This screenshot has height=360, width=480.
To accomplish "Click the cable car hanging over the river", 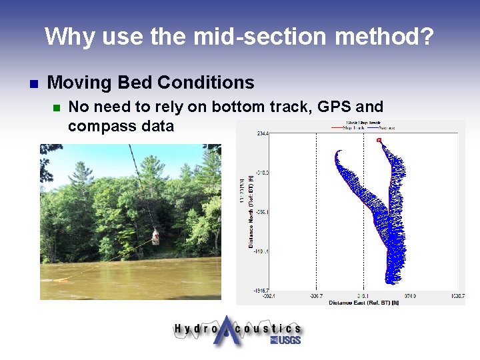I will point(155,237).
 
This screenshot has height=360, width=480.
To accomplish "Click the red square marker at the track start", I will point(379,141).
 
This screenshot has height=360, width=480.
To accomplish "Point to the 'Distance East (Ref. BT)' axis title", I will point(363,303).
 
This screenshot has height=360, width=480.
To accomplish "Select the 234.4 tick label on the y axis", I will point(261,134).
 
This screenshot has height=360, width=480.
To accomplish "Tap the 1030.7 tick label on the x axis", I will point(457,295).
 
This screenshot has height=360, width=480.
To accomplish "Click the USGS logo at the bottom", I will point(285,340).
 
